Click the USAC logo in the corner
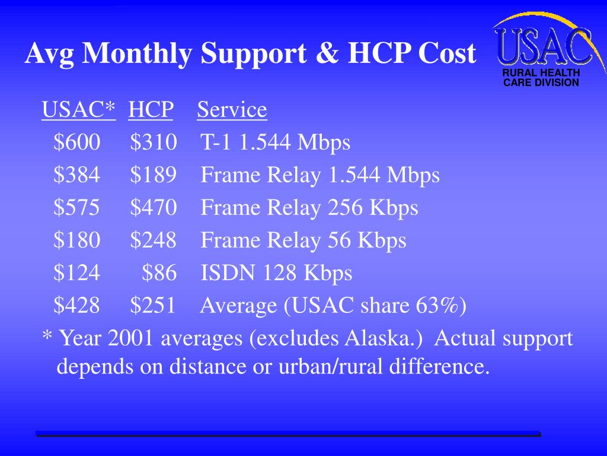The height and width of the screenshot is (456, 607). pyautogui.click(x=543, y=50)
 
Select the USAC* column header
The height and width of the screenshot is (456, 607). pyautogui.click(x=78, y=110)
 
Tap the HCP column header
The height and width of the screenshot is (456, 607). pyautogui.click(x=151, y=110)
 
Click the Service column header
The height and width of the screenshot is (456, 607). pyautogui.click(x=232, y=110)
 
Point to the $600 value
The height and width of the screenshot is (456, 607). pyautogui.click(x=77, y=142)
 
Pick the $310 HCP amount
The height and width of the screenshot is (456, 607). pyautogui.click(x=154, y=142)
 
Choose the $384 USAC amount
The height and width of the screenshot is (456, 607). pyautogui.click(x=77, y=175)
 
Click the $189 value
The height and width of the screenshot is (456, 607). pyautogui.click(x=154, y=175)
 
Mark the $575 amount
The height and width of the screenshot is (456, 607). pyautogui.click(x=77, y=208)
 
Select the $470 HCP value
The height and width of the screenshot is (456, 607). pyautogui.click(x=154, y=208)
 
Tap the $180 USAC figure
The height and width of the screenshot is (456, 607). pyautogui.click(x=77, y=240)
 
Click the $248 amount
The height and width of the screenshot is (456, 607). pyautogui.click(x=154, y=240)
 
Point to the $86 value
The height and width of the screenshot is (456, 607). pyautogui.click(x=159, y=273)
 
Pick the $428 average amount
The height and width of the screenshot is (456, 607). pyautogui.click(x=77, y=306)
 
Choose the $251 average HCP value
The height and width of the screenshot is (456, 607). pyautogui.click(x=153, y=306)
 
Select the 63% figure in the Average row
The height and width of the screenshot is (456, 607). pyautogui.click(x=437, y=306)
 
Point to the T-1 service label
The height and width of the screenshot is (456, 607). pyautogui.click(x=215, y=142)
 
